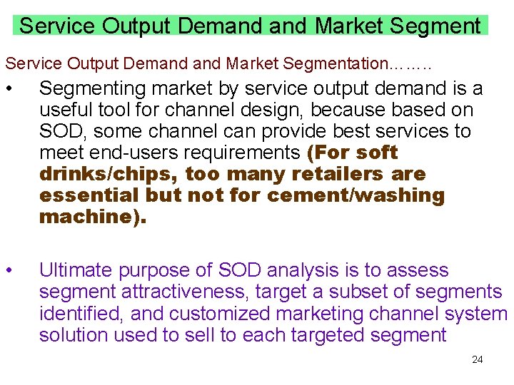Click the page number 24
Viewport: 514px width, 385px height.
[478, 359]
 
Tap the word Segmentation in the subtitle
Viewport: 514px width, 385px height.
[333, 63]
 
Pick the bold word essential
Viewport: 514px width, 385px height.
[89, 196]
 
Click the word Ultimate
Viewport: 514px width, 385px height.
[76, 270]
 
